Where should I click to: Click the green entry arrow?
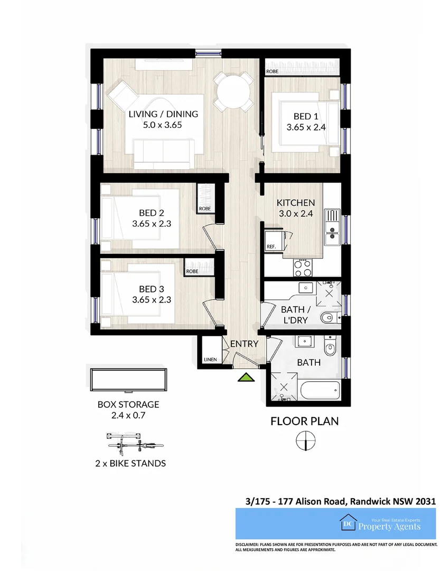245,377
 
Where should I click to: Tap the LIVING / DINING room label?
163,114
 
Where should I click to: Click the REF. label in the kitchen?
271,247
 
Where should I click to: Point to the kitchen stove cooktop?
302,267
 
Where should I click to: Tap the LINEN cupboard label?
210,360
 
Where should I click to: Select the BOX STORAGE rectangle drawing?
128,380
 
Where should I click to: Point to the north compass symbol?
305,440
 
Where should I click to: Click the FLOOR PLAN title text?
304,421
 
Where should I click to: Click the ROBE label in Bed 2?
205,209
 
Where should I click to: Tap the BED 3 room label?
148,289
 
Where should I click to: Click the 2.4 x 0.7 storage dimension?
128,416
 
